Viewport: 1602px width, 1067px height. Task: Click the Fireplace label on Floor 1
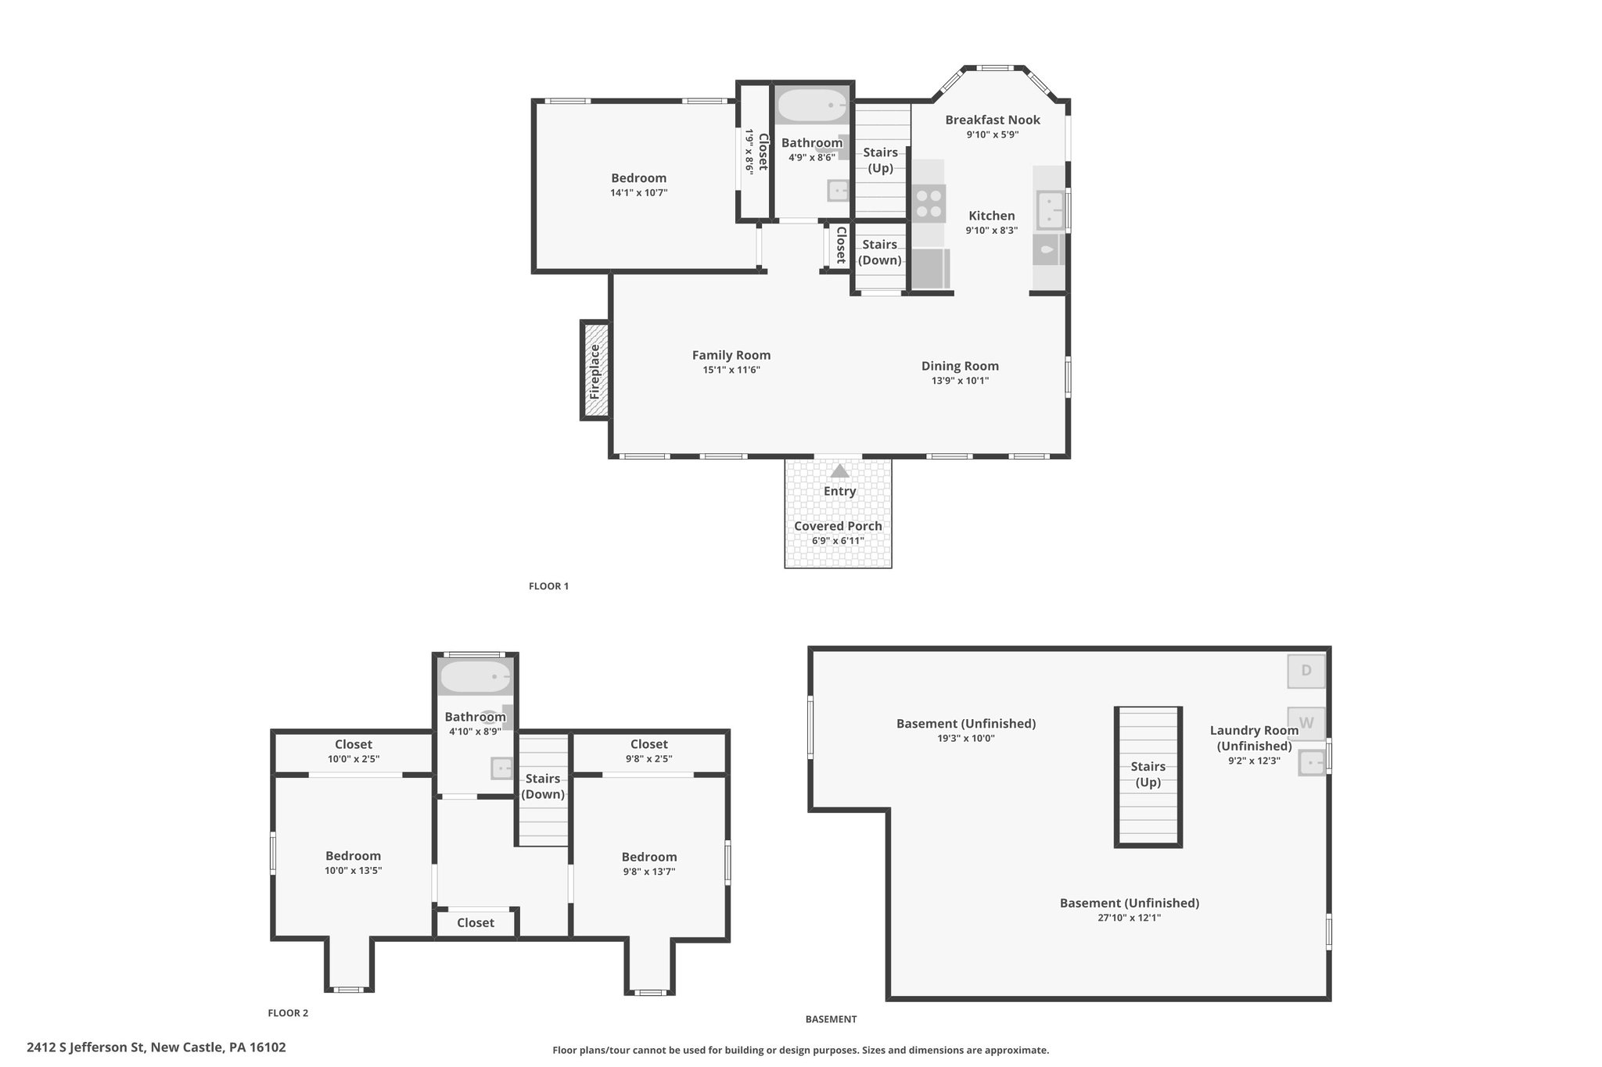594,371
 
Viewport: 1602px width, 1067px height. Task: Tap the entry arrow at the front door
839,471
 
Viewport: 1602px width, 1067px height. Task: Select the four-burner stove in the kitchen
928,202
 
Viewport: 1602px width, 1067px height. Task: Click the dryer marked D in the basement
1306,671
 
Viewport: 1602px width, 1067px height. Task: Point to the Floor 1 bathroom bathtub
812,106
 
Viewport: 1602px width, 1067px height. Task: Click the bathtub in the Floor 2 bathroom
476,678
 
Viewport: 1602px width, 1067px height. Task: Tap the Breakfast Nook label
993,120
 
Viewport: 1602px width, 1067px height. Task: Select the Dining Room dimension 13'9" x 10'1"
960,381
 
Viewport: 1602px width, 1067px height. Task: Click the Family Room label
731,355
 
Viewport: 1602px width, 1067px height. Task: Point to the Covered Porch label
838,526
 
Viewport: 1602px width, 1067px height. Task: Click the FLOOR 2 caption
288,1013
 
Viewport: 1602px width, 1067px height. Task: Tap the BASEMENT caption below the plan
831,1019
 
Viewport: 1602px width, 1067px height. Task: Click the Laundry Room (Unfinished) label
1254,738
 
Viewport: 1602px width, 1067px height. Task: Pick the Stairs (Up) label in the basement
1148,774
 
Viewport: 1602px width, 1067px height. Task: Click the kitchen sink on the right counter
1048,210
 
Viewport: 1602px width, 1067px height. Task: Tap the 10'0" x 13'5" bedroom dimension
354,871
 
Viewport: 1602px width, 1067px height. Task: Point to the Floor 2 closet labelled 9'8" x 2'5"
649,750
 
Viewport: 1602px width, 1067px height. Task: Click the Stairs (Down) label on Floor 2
543,786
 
